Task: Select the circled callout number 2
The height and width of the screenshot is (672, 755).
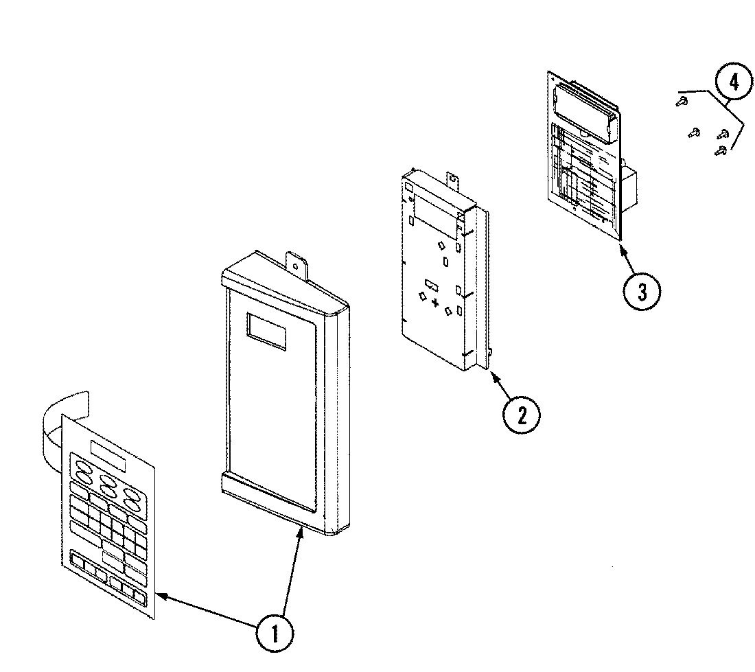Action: pyautogui.click(x=521, y=415)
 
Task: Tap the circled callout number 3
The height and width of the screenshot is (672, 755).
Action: pyautogui.click(x=641, y=291)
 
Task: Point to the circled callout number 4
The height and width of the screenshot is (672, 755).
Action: pyautogui.click(x=734, y=82)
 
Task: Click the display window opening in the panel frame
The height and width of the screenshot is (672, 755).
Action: pyautogui.click(x=266, y=332)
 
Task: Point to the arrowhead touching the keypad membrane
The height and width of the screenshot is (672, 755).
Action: pyautogui.click(x=161, y=594)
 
